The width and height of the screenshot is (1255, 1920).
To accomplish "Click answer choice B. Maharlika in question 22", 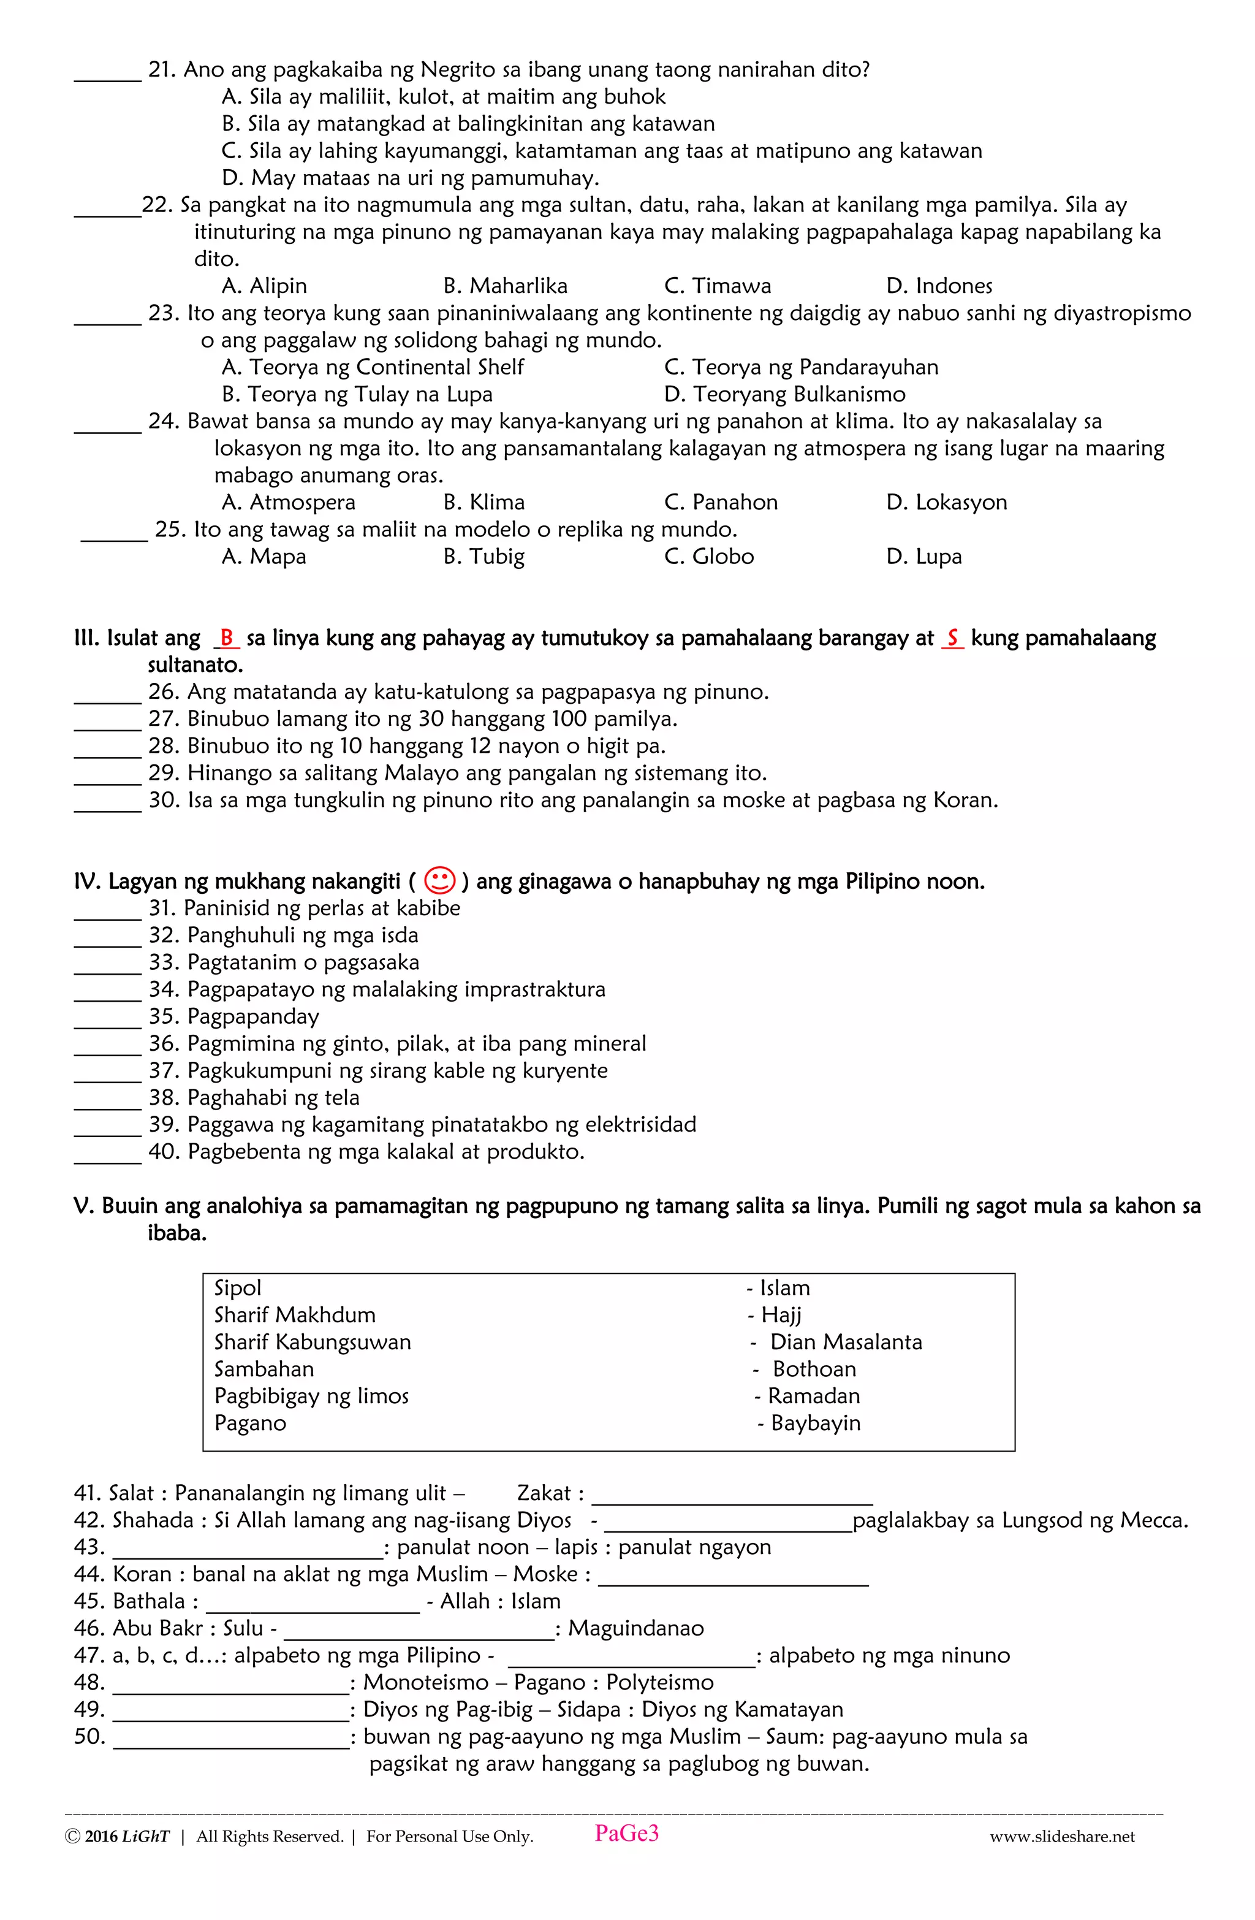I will pos(505,286).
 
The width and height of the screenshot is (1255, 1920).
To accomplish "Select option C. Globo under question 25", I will pos(708,557).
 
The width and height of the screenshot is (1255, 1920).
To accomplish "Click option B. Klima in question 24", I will pos(484,503).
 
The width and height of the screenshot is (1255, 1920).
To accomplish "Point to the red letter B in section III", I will pos(227,638).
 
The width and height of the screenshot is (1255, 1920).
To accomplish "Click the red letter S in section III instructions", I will pos(952,638).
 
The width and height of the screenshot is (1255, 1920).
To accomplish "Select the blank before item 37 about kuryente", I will pos(107,1078).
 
